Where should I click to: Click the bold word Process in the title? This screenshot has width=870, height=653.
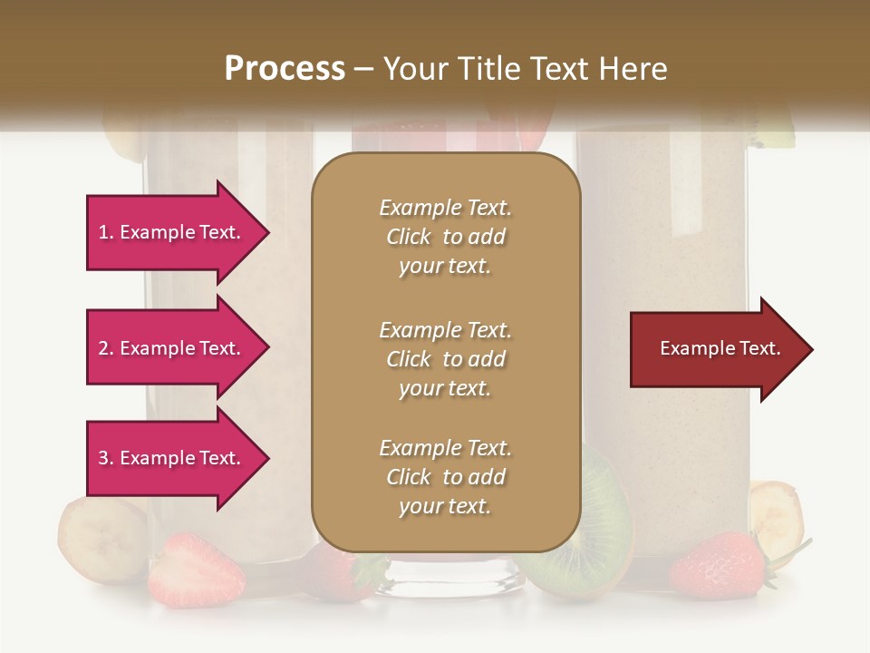285,69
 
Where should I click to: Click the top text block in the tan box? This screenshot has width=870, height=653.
445,237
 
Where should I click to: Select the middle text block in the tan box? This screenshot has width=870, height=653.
445,359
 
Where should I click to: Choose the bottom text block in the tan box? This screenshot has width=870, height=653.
445,477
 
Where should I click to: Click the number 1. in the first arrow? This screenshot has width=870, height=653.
106,232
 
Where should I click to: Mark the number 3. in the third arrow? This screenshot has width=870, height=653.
106,458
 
